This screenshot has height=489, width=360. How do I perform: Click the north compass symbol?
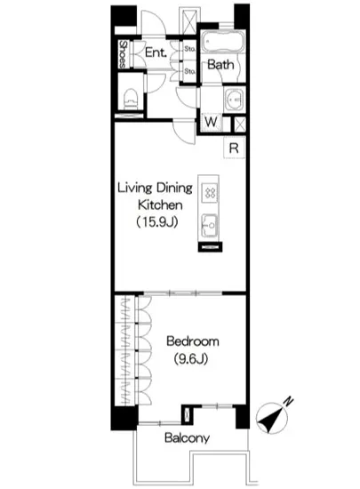pyautogui.click(x=275, y=418)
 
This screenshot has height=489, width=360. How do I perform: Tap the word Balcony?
pyautogui.click(x=186, y=438)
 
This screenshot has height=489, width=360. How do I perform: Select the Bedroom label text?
pyautogui.click(x=191, y=341)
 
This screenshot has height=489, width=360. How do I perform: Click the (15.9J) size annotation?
pyautogui.click(x=157, y=222)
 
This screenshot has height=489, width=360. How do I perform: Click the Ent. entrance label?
pyautogui.click(x=158, y=54)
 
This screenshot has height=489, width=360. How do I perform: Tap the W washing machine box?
pyautogui.click(x=212, y=123)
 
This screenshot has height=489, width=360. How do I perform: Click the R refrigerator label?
pyautogui.click(x=232, y=148)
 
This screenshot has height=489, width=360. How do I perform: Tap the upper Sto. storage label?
pyautogui.click(x=189, y=50)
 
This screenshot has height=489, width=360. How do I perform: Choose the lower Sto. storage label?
pyautogui.click(x=189, y=70)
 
